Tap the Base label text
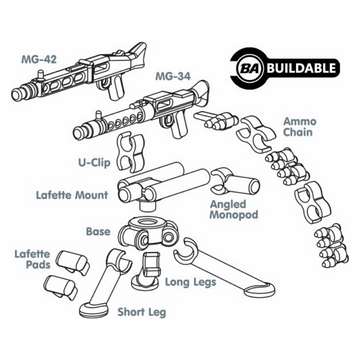coord(97,231)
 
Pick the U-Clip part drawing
coord(127,154)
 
